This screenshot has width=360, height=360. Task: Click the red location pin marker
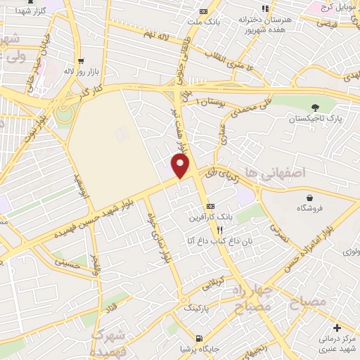[181, 166]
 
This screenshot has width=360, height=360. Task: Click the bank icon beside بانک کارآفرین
[210, 207]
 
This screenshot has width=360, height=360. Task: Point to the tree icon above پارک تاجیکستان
[314, 107]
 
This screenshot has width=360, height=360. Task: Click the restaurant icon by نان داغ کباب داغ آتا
[219, 230]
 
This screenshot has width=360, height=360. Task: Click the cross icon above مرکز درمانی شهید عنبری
[337, 328]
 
